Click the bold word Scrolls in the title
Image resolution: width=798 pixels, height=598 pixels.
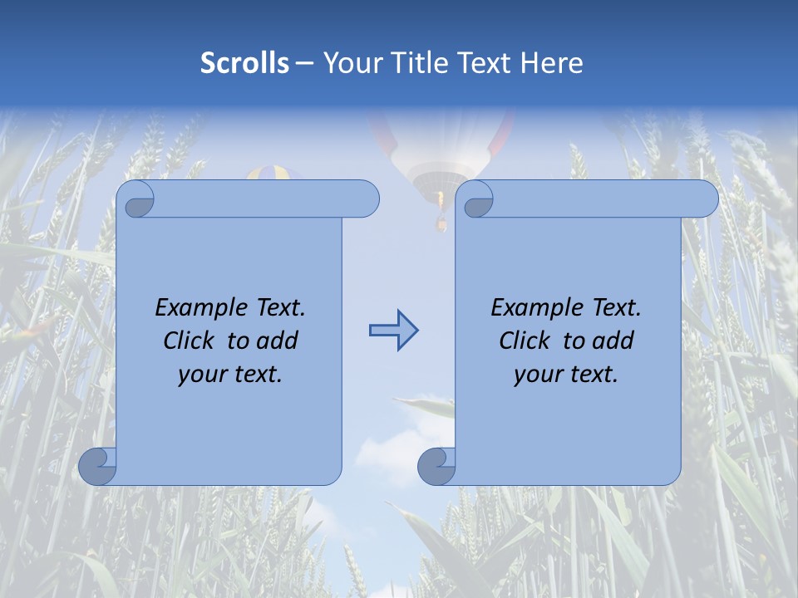pyautogui.click(x=245, y=63)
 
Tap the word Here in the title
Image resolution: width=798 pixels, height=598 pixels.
pyautogui.click(x=552, y=63)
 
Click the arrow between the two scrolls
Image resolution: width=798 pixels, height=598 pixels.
pyautogui.click(x=393, y=331)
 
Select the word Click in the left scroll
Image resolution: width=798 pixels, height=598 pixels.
pyautogui.click(x=192, y=341)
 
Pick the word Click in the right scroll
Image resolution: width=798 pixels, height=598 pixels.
pyautogui.click(x=528, y=341)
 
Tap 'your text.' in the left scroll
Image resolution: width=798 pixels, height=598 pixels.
pyautogui.click(x=230, y=375)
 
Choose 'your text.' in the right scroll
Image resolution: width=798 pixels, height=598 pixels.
pyautogui.click(x=566, y=375)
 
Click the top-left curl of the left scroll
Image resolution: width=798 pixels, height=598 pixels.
pyautogui.click(x=135, y=199)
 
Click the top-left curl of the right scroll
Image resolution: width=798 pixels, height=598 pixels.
pyautogui.click(x=475, y=199)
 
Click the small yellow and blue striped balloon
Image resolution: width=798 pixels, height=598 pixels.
pyautogui.click(x=274, y=173)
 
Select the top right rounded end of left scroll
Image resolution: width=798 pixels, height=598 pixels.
pyautogui.click(x=367, y=199)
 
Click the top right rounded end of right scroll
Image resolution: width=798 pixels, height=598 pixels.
pyautogui.click(x=706, y=199)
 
